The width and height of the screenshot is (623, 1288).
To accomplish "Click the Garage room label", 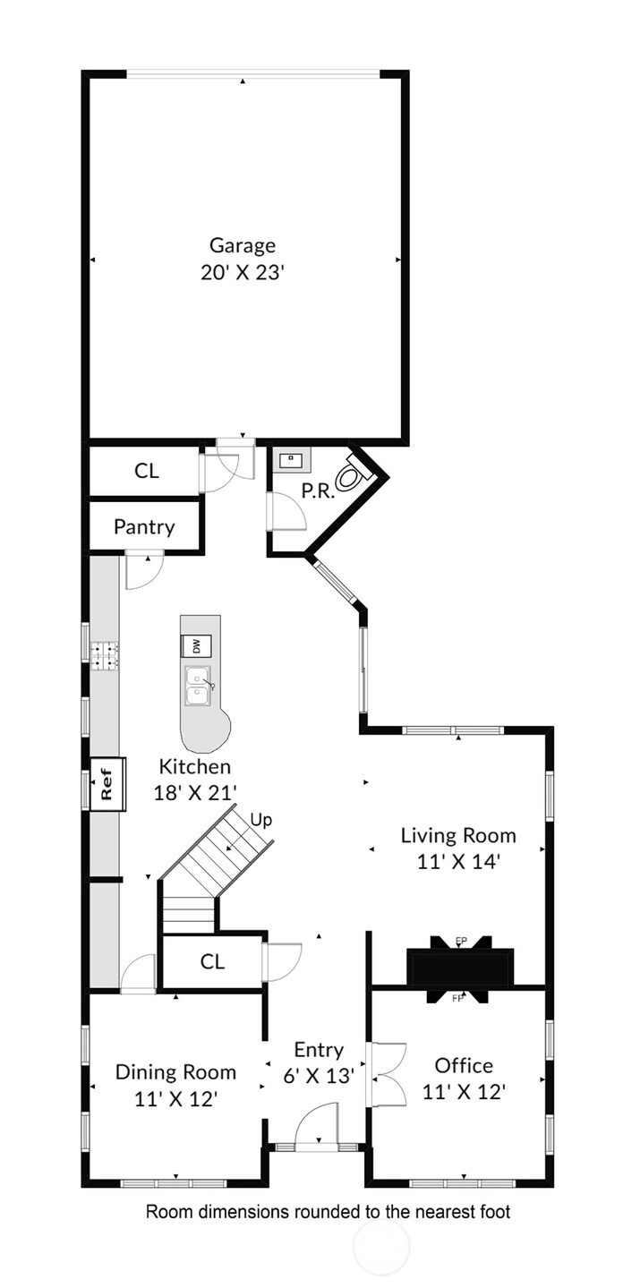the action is (243, 245).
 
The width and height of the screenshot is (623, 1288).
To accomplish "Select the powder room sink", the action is (292, 460).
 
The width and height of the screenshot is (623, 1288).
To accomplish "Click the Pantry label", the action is (144, 526).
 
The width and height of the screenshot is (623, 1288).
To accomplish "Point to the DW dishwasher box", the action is (196, 646).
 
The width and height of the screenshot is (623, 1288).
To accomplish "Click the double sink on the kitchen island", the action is (197, 686).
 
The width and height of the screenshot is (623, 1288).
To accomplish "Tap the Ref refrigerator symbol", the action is (107, 785).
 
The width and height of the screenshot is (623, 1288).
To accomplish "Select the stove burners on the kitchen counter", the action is (104, 656).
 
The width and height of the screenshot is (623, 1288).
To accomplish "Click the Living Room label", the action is (458, 835).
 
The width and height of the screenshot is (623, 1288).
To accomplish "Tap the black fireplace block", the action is (459, 968).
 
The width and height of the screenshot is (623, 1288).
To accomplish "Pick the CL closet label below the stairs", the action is (212, 961).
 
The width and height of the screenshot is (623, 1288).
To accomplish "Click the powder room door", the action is (287, 511).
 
